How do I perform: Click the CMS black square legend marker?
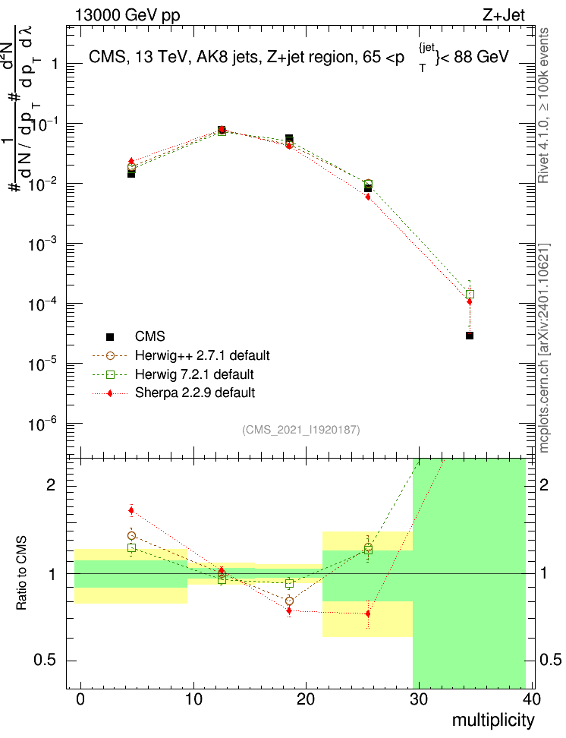110,336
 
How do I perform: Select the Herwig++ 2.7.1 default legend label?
202,355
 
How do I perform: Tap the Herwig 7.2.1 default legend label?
193,374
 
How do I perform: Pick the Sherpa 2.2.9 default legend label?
194,393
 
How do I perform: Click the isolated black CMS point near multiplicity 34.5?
470,336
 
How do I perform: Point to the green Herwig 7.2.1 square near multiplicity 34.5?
470,294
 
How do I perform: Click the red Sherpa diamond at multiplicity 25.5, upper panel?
368,197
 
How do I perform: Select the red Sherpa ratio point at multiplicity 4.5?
131,510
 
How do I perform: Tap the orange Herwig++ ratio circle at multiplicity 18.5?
289,601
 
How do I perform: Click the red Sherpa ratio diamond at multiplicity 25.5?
368,613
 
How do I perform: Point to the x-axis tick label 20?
306,700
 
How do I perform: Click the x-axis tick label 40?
531,700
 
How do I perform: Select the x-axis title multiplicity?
493,720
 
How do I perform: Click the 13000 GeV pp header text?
127,15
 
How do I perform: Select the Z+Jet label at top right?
502,15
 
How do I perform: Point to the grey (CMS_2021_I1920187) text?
301,430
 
